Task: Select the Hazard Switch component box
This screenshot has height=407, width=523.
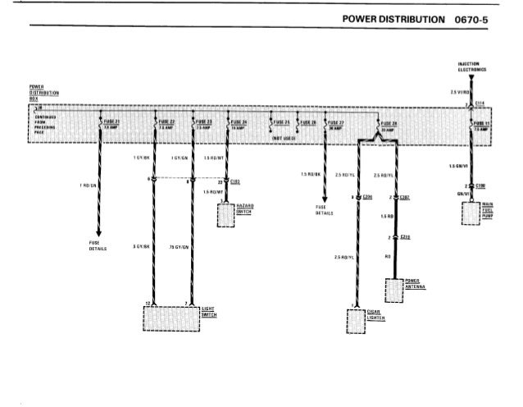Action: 225,214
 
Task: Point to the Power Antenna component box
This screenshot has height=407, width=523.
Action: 394,290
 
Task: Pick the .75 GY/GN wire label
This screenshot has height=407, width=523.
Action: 179,246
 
